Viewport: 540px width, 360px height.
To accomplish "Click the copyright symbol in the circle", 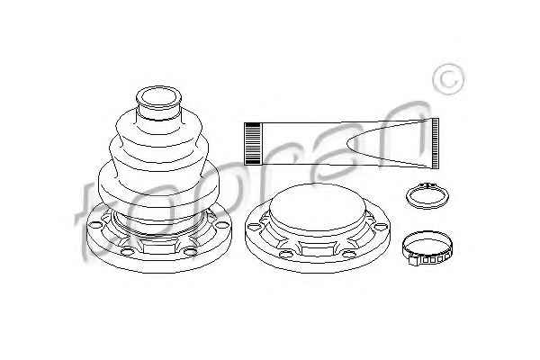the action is (x=448, y=79).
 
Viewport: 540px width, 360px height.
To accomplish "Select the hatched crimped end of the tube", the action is (x=436, y=143).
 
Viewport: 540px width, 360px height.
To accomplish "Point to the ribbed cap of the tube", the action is (x=252, y=143).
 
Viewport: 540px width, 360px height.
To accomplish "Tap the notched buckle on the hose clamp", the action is (x=427, y=259).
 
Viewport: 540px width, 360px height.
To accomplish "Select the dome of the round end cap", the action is (x=317, y=207).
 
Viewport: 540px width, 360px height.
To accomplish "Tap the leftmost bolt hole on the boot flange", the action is (x=95, y=225).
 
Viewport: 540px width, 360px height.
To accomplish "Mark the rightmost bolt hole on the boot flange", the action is (x=220, y=225).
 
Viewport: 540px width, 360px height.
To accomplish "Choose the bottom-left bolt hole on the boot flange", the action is (x=127, y=251).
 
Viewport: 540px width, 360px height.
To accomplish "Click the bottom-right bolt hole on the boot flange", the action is (x=190, y=251).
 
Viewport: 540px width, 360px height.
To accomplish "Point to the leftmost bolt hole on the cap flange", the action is (x=255, y=227).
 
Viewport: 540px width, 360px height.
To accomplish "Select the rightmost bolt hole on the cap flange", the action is (x=381, y=227).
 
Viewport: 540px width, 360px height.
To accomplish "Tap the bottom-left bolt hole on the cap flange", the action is (x=285, y=254).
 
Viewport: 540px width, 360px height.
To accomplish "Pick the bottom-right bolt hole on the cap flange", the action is (x=349, y=254).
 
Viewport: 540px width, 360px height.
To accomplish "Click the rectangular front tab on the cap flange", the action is (x=317, y=248).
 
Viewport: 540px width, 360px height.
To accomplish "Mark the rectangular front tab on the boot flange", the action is (x=158, y=247).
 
